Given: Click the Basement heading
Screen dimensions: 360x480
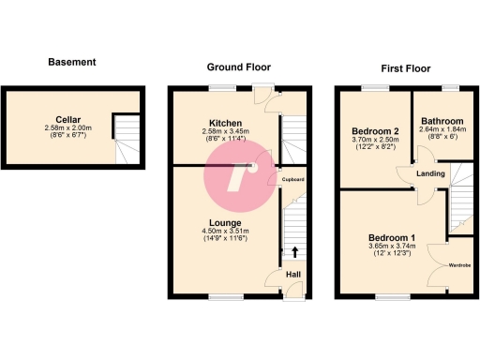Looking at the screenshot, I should [72, 63].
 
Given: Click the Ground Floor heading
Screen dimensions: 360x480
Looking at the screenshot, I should [239, 67].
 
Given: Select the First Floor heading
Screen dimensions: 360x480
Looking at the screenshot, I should [406, 68].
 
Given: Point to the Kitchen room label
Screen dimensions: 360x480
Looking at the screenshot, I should [226, 123].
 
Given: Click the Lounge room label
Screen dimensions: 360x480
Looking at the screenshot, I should [226, 222].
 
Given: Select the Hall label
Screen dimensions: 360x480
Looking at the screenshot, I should [293, 274].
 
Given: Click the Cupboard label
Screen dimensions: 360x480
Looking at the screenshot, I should [292, 179].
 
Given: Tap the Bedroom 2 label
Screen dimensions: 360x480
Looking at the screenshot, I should [374, 130].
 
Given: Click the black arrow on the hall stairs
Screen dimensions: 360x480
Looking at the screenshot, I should [295, 251].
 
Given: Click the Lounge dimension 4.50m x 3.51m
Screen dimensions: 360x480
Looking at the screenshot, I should [226, 232].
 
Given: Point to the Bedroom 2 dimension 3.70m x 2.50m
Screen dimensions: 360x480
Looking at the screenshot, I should [374, 140].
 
